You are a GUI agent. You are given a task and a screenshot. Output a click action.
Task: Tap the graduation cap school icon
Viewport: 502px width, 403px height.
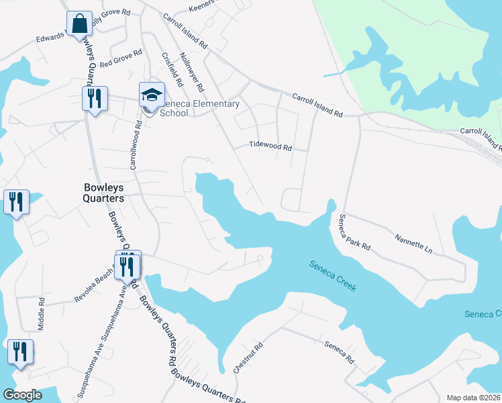point(152,95)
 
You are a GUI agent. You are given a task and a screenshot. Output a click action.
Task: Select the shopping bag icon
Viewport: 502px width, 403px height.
point(79,24)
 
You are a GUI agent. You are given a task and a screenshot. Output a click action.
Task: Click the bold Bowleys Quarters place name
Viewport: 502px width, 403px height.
point(103,193)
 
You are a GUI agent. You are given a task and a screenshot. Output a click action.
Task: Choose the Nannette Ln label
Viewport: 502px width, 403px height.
point(413,242)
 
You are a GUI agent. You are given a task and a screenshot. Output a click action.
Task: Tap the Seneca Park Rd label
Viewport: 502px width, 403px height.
point(354,232)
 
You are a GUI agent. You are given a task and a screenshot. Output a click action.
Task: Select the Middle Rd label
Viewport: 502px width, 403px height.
point(41,314)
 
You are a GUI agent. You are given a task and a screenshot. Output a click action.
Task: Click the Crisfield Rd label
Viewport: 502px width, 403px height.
point(172,69)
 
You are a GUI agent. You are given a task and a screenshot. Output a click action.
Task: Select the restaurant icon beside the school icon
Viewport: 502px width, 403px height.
point(94,99)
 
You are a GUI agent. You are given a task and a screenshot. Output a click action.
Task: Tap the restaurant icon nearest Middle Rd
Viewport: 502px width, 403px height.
point(20,352)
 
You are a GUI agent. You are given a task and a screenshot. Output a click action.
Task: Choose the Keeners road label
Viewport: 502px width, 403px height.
point(204,7)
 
